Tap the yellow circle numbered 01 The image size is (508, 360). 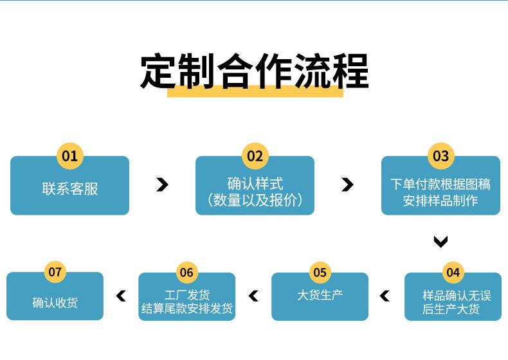point(69,156)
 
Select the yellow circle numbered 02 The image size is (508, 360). point(255,156)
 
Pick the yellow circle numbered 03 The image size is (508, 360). point(440,156)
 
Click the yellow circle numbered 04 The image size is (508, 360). point(453,272)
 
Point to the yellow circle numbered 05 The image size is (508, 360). point(320,272)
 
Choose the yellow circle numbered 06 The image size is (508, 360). point(186,272)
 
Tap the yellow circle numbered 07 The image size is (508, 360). point(55,272)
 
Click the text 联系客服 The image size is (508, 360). point(69,188)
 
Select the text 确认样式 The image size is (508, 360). point(255,184)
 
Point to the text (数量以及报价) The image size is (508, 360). point(255,200)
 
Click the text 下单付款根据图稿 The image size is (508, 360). point(440,184)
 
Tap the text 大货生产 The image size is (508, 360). point(320,295)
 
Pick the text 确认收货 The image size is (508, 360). point(55,302)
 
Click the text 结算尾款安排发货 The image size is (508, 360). point(186,309)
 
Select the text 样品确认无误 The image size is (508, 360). point(456,295)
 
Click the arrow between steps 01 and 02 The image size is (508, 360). point(162,185)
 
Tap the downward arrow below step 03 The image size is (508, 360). point(440,242)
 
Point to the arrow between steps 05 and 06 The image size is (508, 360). point(253,296)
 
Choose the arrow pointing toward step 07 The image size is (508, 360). point(121,296)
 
